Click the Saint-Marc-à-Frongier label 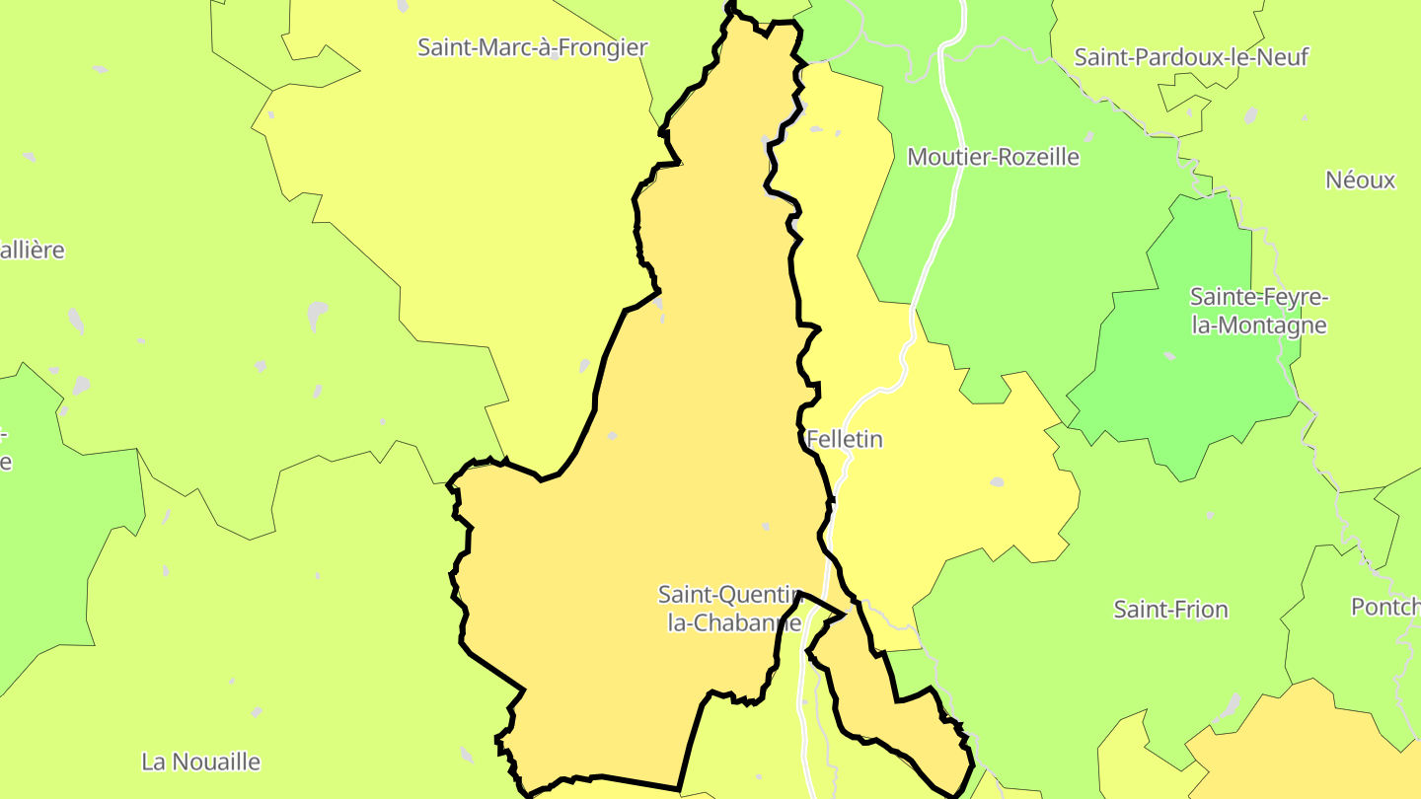[x=532, y=47]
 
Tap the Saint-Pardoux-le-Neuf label [x=1191, y=57]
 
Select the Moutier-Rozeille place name [x=993, y=157]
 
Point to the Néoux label [x=1360, y=181]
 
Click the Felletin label [x=845, y=440]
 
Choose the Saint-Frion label [x=1170, y=610]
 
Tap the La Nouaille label [x=201, y=762]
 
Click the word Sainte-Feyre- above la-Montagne [x=1259, y=298]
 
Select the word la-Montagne [x=1259, y=326]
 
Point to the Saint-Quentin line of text [x=728, y=595]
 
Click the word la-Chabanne [x=734, y=623]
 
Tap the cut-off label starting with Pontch [x=1385, y=607]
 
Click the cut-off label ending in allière [x=33, y=251]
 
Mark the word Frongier [x=605, y=47]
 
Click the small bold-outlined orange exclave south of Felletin [x=888, y=720]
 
